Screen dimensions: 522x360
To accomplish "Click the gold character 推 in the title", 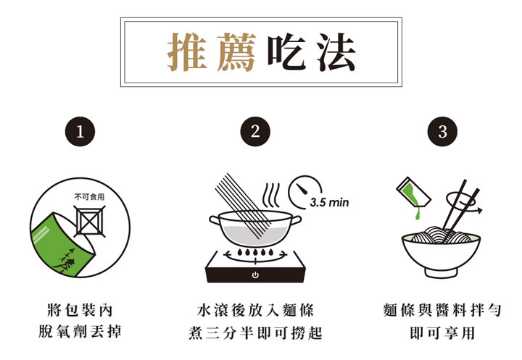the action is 187,52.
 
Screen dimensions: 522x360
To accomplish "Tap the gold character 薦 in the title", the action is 236,52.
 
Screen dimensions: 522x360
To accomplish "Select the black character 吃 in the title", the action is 286,52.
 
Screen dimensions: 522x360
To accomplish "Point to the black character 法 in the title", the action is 336,52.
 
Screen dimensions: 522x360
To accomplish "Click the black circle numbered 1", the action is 80,131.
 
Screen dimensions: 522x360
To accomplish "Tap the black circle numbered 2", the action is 255,131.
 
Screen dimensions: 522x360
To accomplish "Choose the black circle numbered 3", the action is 442,131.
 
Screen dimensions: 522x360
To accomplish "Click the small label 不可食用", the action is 90,197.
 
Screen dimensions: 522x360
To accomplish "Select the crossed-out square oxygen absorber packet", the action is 90,221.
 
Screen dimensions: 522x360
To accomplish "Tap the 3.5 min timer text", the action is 329,202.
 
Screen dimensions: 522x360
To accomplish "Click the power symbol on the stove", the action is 255,275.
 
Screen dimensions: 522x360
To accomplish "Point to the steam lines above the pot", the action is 270,195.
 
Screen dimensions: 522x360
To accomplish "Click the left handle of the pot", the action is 215,221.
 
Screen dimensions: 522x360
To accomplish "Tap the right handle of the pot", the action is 296,220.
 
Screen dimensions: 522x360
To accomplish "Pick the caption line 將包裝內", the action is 80,310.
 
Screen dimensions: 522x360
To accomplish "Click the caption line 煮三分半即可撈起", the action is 255,332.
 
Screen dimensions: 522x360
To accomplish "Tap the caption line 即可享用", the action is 442,332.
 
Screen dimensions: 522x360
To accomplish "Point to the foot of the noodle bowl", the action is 441,273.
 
